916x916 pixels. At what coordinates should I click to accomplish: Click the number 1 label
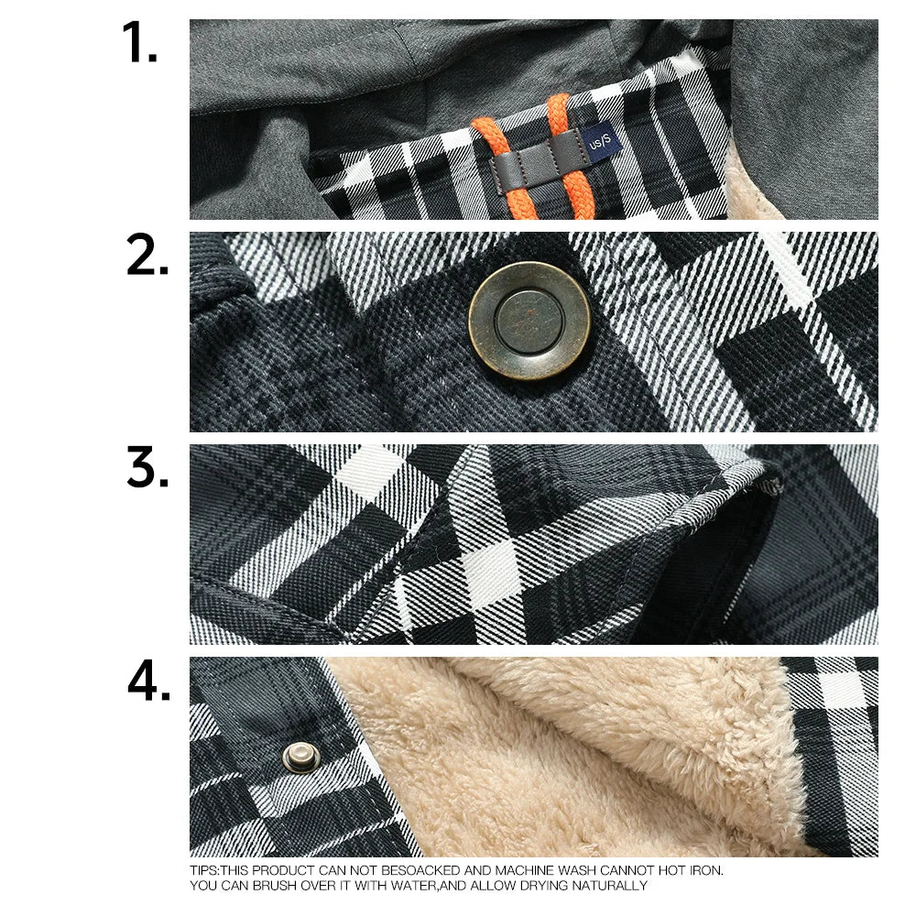pos(139,43)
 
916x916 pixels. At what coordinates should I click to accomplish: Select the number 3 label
pos(147,469)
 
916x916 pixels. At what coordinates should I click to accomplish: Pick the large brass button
pos(529,321)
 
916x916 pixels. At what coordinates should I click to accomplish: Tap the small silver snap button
pos(297,757)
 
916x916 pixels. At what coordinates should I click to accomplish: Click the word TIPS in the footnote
pos(203,870)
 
